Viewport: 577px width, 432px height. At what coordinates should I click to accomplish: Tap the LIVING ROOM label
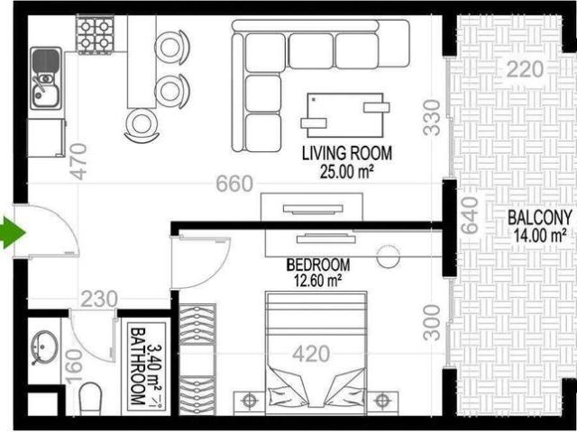(347, 154)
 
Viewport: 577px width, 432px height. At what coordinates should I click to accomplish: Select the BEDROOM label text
(318, 265)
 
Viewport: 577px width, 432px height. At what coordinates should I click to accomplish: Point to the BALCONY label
(540, 218)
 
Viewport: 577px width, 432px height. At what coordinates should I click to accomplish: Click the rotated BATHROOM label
(138, 366)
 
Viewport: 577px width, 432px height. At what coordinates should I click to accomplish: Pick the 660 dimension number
(234, 184)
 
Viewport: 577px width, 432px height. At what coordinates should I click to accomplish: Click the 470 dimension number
(79, 161)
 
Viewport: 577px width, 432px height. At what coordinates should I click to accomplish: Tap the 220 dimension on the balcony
(525, 69)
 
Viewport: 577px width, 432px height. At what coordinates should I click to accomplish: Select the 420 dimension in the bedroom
(311, 354)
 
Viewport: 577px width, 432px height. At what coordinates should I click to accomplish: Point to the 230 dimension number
(99, 300)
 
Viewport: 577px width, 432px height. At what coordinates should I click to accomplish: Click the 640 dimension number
(470, 216)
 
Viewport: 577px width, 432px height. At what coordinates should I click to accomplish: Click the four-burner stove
(95, 35)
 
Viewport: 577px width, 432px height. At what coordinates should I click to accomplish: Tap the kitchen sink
(46, 78)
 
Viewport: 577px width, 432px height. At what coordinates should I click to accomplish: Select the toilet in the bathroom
(90, 399)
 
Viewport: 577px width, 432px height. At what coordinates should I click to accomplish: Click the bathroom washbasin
(44, 347)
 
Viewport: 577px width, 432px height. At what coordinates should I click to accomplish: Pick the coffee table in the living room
(345, 115)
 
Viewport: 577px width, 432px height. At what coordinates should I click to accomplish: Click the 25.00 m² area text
(347, 172)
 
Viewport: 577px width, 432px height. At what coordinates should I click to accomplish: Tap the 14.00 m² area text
(540, 236)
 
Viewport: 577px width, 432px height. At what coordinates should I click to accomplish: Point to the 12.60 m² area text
(318, 281)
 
